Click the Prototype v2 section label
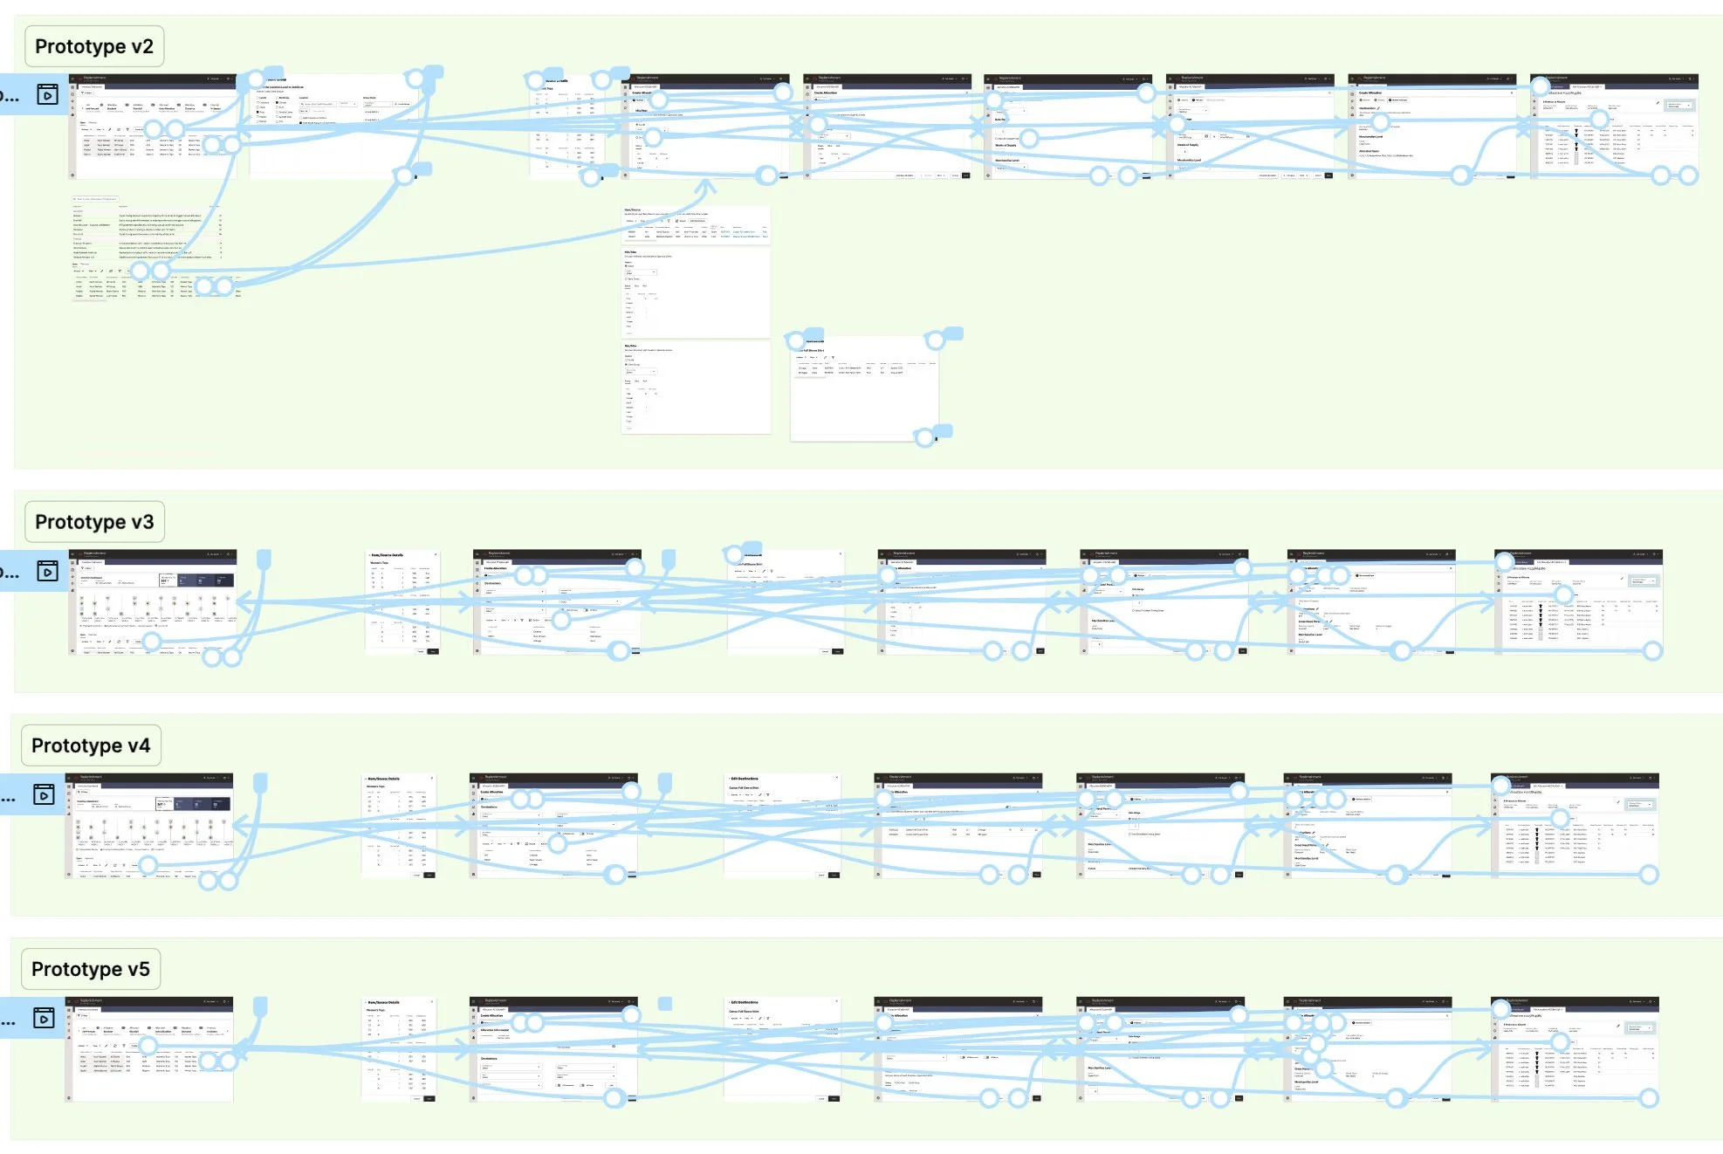click(x=93, y=46)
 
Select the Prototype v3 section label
click(x=93, y=522)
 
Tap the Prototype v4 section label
click(x=91, y=745)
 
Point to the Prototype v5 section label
click(x=91, y=969)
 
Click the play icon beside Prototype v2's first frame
click(x=48, y=94)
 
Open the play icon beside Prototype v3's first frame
click(x=48, y=571)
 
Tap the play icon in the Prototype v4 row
click(x=45, y=794)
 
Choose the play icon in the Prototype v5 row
click(x=45, y=1018)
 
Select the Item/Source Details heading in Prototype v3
click(x=388, y=555)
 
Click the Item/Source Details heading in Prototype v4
click(x=384, y=779)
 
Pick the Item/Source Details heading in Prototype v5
click(x=384, y=1002)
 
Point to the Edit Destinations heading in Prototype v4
click(x=745, y=779)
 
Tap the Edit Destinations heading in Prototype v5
click(x=745, y=1002)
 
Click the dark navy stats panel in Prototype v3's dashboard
click(x=197, y=580)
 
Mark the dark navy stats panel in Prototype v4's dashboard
click(x=194, y=804)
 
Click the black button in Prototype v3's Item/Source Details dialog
click(x=433, y=651)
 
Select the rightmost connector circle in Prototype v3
click(x=1652, y=650)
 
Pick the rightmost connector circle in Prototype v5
click(x=1649, y=1098)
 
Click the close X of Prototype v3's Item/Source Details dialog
click(x=436, y=554)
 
